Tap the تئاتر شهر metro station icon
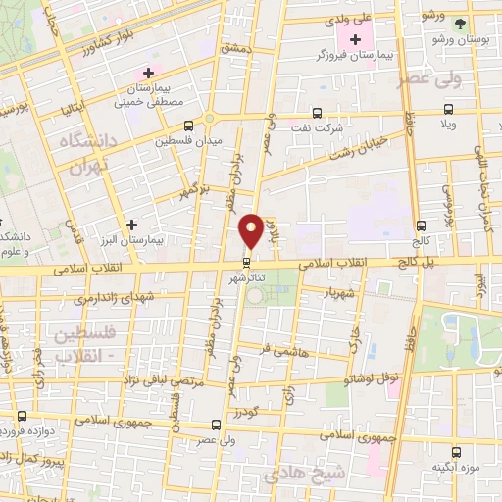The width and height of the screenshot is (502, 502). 247,262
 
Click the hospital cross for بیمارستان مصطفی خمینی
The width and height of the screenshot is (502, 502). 148,72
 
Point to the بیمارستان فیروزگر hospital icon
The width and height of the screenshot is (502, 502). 349,38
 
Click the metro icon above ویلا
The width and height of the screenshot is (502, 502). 448,110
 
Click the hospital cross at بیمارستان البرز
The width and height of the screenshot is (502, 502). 132,224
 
